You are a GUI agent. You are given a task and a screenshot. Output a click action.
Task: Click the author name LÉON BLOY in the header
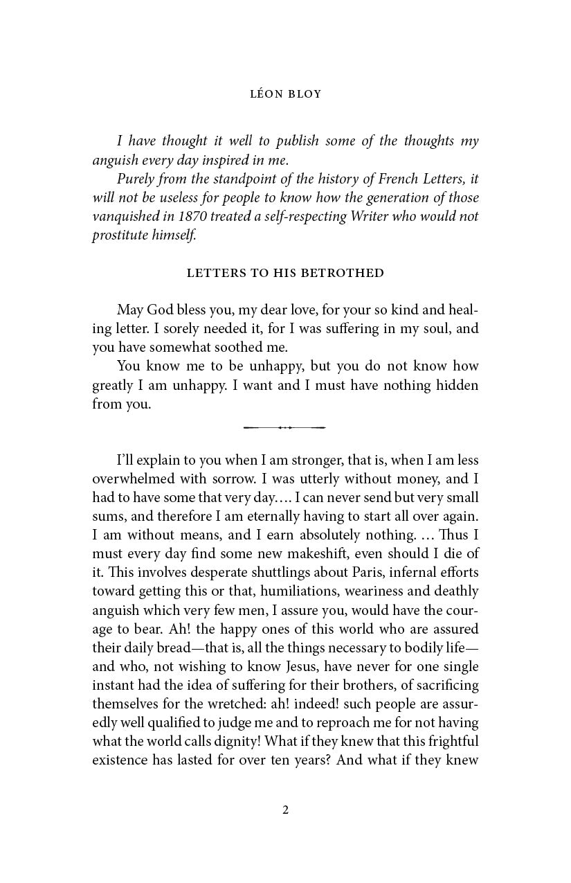[285, 94]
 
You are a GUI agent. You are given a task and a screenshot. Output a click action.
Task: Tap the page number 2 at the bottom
[285, 810]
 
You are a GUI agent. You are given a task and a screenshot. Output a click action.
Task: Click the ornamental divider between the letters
[284, 427]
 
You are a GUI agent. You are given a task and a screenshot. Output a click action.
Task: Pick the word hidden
[455, 385]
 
